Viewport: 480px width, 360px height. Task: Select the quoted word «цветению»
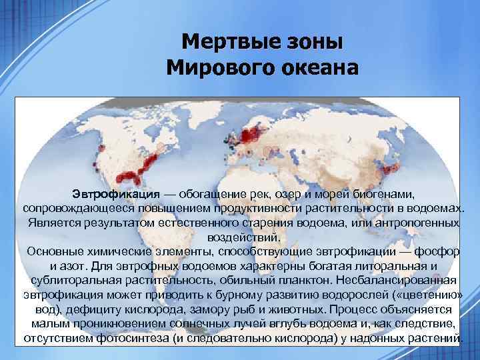click(422, 295)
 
